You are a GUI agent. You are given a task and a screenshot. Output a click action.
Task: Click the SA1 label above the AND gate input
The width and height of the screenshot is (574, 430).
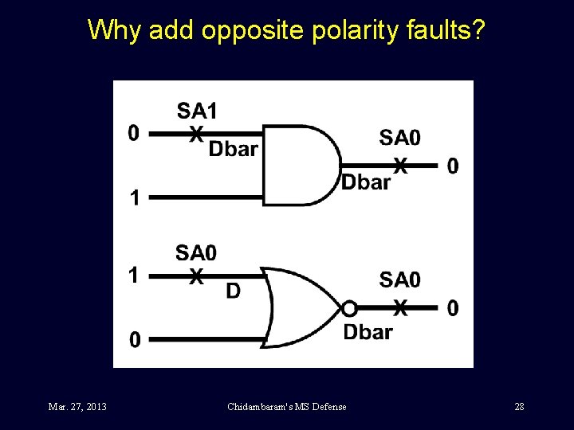click(x=197, y=110)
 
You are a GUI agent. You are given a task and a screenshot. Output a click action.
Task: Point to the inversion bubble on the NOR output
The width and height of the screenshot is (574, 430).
click(x=348, y=308)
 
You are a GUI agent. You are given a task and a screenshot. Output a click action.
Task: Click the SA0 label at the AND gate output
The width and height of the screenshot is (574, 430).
click(x=399, y=138)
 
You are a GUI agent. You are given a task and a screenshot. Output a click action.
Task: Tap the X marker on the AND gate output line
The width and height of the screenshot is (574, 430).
click(x=402, y=166)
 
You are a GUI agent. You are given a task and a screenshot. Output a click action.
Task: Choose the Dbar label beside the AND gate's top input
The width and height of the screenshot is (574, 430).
click(x=233, y=149)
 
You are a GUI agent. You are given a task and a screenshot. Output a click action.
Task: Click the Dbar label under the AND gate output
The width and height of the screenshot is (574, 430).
click(x=366, y=182)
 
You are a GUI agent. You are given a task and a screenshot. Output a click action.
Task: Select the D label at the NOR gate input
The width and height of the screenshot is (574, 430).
click(x=233, y=291)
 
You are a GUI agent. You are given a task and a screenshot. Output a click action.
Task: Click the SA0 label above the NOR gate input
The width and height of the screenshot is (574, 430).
click(x=196, y=253)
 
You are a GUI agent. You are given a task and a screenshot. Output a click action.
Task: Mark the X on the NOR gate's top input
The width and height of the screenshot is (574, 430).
click(x=196, y=276)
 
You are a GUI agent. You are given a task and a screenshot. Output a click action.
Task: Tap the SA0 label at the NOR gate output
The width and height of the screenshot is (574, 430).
click(x=399, y=279)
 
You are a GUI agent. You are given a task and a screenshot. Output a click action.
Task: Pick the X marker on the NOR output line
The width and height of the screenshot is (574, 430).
click(x=402, y=307)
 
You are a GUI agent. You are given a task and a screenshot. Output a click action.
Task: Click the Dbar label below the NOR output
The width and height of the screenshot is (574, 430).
click(x=368, y=331)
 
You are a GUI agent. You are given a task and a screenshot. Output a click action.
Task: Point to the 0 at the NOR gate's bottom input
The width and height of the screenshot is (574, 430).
click(x=136, y=340)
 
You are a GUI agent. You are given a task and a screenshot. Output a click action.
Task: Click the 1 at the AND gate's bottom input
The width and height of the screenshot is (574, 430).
click(x=136, y=197)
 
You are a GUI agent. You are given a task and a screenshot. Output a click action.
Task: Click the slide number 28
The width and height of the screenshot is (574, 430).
click(x=519, y=407)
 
